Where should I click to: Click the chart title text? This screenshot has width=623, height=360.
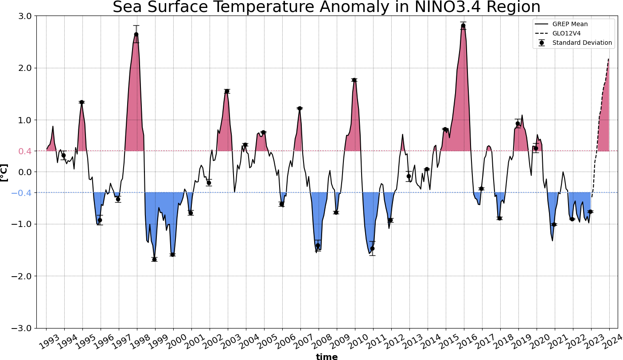pos(327,8)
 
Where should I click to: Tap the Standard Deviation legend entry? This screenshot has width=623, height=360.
pos(582,43)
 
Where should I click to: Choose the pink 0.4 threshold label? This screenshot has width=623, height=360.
pos(25,151)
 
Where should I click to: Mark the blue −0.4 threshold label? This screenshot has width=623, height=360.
pos(23,193)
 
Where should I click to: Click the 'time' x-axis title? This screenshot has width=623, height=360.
pos(327,356)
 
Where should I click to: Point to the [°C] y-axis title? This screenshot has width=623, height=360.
pos(4,172)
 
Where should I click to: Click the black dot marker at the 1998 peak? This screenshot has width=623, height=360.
pos(136,34)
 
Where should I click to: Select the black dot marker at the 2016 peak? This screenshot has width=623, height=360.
pos(463,26)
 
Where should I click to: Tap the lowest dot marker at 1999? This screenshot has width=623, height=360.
pos(154,259)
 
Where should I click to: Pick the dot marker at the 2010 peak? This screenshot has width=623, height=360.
pos(354,80)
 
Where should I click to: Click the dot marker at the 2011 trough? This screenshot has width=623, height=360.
pos(372,248)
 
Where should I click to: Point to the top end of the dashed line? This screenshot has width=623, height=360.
pos(609,59)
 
